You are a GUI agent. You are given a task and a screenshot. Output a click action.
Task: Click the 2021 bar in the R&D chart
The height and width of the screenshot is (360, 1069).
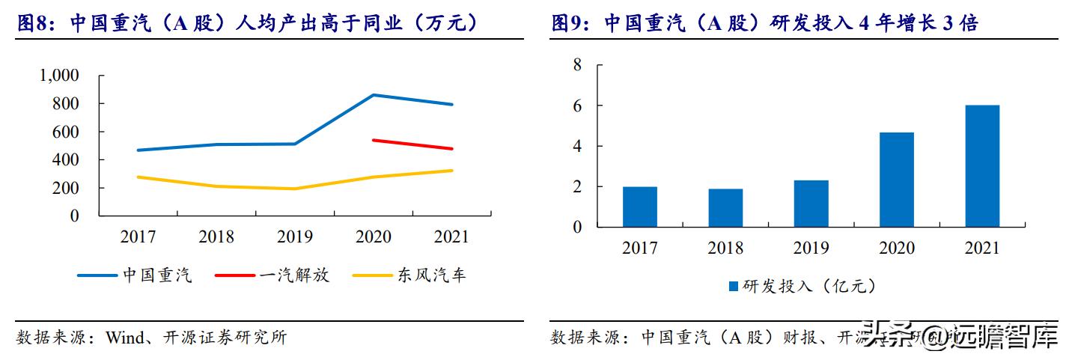click(981, 166)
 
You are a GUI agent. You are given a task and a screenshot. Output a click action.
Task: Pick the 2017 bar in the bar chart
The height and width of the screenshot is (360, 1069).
click(639, 207)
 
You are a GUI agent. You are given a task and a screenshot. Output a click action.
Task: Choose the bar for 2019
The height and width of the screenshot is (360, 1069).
click(810, 204)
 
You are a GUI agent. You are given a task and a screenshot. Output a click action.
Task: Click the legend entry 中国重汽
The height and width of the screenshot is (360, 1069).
click(135, 275)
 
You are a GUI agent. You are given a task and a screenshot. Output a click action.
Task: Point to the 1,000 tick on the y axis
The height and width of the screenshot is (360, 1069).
click(58, 76)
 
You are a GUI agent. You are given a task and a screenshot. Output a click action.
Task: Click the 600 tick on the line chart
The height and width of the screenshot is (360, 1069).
click(64, 132)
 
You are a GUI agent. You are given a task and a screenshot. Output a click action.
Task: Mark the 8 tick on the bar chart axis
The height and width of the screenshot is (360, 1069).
click(577, 65)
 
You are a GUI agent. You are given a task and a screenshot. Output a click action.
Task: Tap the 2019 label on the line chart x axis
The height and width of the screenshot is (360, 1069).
click(295, 237)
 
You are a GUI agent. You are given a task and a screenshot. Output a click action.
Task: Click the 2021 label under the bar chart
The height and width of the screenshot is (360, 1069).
click(981, 248)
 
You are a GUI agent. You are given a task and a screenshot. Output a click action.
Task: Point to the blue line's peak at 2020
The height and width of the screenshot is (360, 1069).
click(374, 95)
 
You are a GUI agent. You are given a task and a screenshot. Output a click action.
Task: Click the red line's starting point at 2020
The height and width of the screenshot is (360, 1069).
click(374, 140)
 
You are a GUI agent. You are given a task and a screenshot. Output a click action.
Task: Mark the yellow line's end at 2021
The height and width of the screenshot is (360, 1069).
click(451, 171)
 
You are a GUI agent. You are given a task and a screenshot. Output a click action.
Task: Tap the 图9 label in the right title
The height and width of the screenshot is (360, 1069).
click(570, 24)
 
